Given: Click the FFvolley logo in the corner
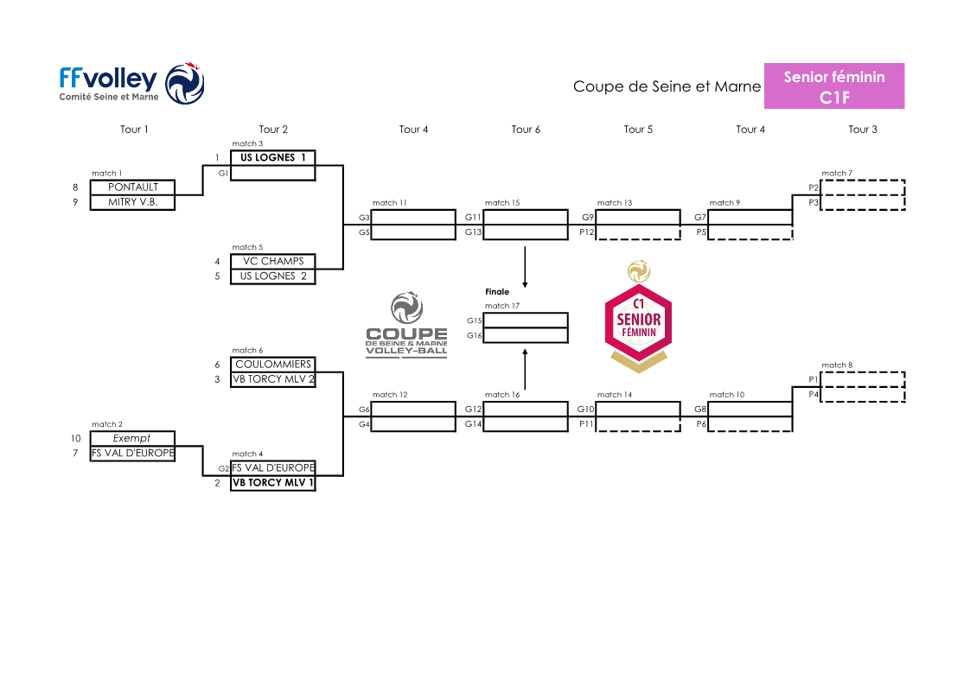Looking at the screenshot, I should coord(131,84).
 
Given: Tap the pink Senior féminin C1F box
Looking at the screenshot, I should coord(833,86).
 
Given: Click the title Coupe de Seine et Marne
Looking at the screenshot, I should coord(667,86).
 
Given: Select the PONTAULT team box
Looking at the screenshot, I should coord(132,187).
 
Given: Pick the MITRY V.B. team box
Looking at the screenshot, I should coord(132,202).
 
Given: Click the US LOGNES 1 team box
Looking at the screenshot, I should coord(273,158).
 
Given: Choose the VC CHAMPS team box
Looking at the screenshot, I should coord(273,261).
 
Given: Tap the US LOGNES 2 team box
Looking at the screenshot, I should coord(273,276).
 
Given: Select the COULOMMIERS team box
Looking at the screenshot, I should coord(273,365).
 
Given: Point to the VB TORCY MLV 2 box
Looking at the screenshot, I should coord(273,379).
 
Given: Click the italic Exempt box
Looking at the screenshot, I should coord(132,438).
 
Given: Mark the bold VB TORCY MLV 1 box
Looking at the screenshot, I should coord(273,483).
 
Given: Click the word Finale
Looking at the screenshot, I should coord(497,292).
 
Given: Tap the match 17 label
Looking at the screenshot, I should coord(502,306).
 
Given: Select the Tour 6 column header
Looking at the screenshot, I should coord(526,130).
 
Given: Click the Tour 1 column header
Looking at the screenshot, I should coord(134,130).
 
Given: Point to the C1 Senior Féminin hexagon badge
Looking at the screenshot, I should coord(638,319).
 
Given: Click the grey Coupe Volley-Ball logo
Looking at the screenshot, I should coord(406,327).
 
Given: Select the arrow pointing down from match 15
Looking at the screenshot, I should coord(526,268).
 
